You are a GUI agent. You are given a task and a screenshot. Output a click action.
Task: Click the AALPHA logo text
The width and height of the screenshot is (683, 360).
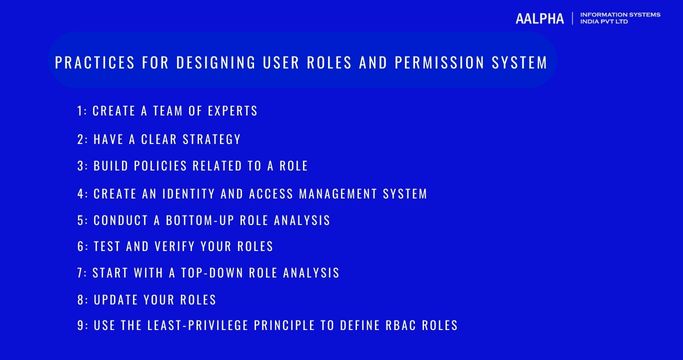point(540,19)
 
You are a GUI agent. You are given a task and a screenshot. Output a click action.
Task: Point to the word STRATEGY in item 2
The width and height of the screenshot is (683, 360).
point(208,139)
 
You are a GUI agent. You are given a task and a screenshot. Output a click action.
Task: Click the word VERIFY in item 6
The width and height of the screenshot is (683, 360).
point(182,246)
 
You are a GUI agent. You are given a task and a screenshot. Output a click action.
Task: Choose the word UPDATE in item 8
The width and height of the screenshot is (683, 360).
point(117,299)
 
